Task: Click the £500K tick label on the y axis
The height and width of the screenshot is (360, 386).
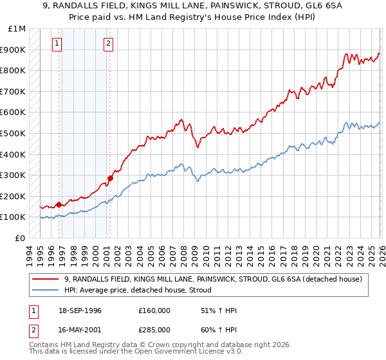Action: pyautogui.click(x=14, y=133)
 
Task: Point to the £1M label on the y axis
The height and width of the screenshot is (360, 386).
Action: pyautogui.click(x=17, y=29)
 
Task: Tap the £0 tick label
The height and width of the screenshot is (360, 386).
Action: pyautogui.click(x=21, y=238)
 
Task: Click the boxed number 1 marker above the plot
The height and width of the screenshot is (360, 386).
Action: pyautogui.click(x=57, y=44)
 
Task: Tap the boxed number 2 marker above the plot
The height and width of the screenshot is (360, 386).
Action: pyautogui.click(x=107, y=44)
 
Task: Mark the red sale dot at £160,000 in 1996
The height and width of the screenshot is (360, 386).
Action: pyautogui.click(x=59, y=204)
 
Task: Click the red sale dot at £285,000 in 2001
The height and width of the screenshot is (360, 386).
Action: pyautogui.click(x=110, y=178)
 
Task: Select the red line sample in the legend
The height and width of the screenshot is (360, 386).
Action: pyautogui.click(x=46, y=279)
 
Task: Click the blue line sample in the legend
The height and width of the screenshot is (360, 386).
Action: pyautogui.click(x=46, y=290)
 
